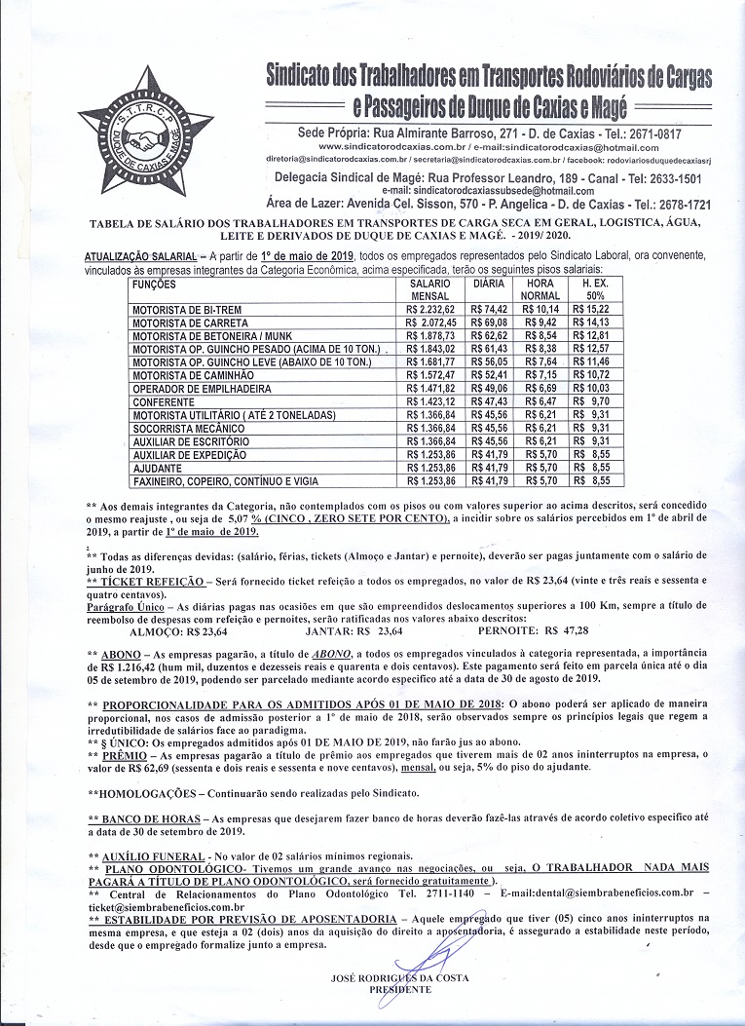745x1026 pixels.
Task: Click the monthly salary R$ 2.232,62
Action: (x=429, y=310)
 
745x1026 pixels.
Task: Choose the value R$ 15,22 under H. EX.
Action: (x=591, y=310)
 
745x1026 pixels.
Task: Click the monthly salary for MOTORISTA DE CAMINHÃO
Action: (x=429, y=374)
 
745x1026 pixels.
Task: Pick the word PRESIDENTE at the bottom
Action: (x=399, y=989)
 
